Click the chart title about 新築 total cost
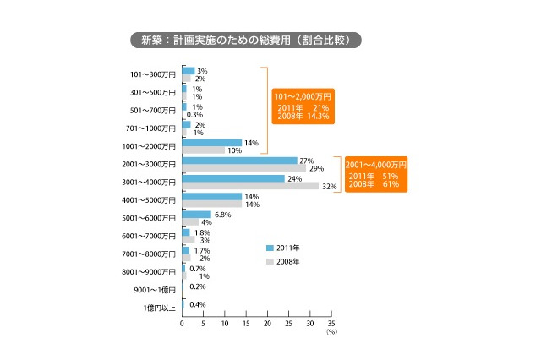(x=246, y=40)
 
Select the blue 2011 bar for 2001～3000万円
(x=239, y=160)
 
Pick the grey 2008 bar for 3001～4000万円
(x=250, y=186)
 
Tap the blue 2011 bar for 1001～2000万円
(x=211, y=142)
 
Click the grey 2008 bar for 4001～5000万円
(x=211, y=204)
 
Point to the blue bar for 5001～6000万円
(x=196, y=214)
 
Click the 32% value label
(x=329, y=186)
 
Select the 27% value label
(x=307, y=160)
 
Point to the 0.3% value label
(x=194, y=114)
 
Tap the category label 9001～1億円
(x=156, y=290)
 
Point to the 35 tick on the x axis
(x=331, y=324)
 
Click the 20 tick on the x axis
(x=267, y=324)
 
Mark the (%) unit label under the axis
(x=331, y=333)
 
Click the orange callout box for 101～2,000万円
(x=302, y=106)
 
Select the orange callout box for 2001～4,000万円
(x=376, y=172)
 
